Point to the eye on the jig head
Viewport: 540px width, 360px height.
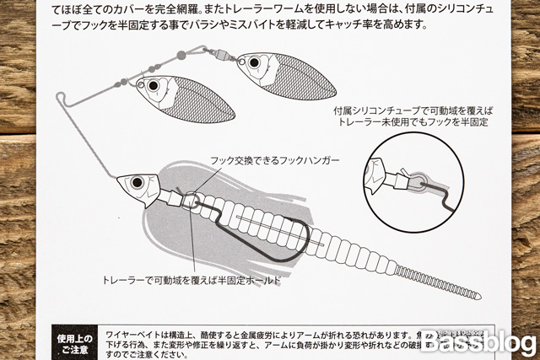pyautogui.click(x=136, y=181)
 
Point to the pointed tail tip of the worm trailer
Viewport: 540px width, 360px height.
pyautogui.click(x=479, y=296)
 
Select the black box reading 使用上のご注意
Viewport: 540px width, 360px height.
pyautogui.click(x=74, y=341)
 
